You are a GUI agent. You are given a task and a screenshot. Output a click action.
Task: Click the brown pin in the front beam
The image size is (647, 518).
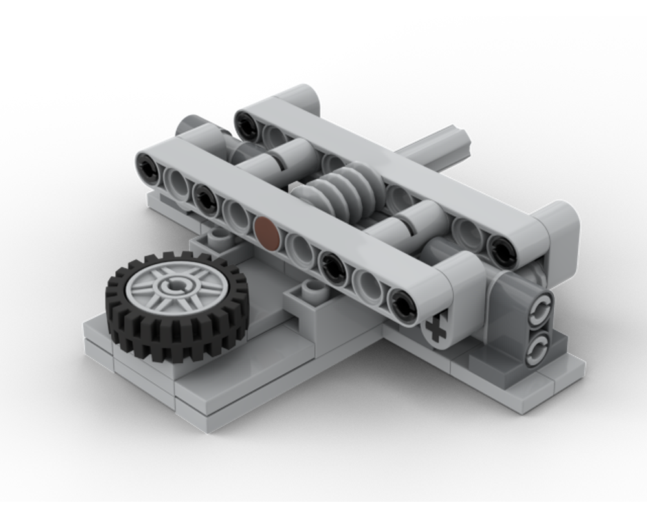tap(267, 232)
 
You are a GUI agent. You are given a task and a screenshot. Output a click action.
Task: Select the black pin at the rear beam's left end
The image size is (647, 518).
tap(245, 124)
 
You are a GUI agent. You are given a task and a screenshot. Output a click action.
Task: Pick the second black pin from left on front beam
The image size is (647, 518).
tap(205, 198)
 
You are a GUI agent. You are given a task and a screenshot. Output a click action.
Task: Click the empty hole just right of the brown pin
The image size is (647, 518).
tap(300, 247)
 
